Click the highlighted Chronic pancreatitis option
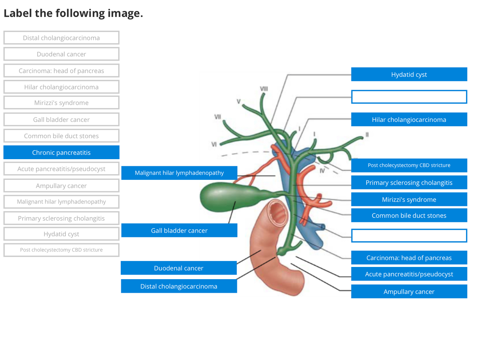[x=61, y=152]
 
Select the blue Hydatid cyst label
[x=409, y=75]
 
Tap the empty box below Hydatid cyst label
[x=409, y=97]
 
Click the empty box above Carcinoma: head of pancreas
[x=409, y=236]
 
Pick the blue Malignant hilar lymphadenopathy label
[x=179, y=173]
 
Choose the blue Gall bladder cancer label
[x=179, y=230]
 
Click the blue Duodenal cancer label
[x=178, y=268]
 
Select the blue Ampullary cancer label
[x=409, y=292]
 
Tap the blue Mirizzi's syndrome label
[x=409, y=200]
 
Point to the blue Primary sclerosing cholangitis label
[x=409, y=183]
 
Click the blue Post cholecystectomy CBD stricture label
[x=409, y=165]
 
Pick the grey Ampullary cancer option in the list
[x=61, y=186]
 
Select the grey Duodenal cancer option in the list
[x=61, y=54]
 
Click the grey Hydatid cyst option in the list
[x=61, y=234]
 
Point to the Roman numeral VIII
[x=264, y=89]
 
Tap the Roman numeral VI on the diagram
[x=214, y=144]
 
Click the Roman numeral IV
[x=322, y=171]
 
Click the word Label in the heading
[x=18, y=13]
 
